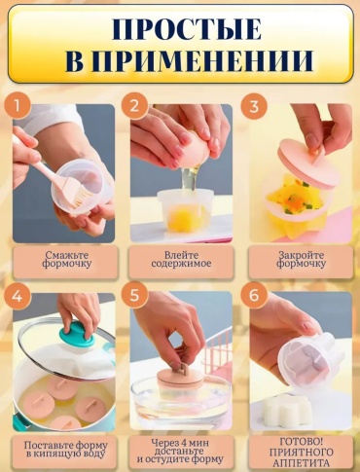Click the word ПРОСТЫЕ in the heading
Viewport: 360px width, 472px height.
[x=187, y=29]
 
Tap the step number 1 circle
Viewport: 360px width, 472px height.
[x=18, y=105]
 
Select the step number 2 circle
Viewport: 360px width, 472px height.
[x=134, y=105]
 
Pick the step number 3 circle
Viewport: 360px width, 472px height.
[x=254, y=106]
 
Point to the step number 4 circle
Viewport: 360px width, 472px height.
[x=18, y=296]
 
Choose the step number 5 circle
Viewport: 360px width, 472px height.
[x=134, y=296]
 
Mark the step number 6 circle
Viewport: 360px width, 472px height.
[x=254, y=296]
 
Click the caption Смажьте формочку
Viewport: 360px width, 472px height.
[x=67, y=259]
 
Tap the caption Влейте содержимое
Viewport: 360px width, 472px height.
[x=181, y=259]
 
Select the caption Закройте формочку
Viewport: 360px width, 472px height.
[x=302, y=259]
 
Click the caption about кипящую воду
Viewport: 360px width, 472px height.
[x=66, y=450]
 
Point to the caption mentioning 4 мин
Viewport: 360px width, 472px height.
[x=180, y=451]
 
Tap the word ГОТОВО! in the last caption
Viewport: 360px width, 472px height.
[x=302, y=441]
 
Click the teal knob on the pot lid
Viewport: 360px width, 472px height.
[x=78, y=333]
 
